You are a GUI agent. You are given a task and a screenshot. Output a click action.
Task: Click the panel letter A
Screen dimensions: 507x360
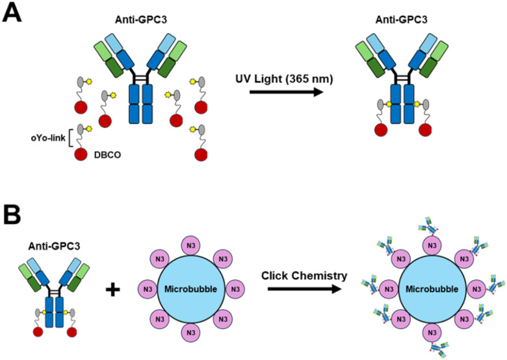point(12,13)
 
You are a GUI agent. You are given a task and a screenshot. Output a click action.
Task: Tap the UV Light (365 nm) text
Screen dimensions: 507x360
point(284,79)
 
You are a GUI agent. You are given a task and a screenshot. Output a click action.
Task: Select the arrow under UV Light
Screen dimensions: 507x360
point(287,92)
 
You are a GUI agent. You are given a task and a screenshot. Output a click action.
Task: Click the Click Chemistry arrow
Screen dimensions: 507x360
point(305,289)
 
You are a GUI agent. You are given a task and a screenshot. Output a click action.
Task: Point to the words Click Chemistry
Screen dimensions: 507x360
point(304,276)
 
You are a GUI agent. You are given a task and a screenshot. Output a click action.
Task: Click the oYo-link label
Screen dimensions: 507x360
point(48,138)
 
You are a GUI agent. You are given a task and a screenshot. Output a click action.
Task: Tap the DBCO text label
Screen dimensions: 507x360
point(108,155)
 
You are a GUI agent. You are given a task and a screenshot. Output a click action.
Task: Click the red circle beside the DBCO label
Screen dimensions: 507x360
point(81,155)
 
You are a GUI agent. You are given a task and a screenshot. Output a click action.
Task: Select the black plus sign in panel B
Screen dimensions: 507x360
point(113,289)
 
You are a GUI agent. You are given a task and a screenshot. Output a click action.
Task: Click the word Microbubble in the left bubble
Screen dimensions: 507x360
point(190,289)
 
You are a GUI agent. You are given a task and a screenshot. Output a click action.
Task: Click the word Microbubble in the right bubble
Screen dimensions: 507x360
point(432,289)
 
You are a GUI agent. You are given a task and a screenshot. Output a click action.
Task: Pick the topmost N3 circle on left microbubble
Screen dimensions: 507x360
point(191,245)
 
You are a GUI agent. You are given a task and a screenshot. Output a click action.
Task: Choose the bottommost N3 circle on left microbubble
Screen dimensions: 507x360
point(191,333)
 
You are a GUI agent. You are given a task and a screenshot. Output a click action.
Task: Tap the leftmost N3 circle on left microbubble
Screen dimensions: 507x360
point(148,289)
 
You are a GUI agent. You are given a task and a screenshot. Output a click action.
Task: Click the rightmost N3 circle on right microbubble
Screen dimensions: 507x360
point(476,289)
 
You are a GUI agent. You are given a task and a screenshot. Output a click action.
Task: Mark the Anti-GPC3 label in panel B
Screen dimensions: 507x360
point(55,246)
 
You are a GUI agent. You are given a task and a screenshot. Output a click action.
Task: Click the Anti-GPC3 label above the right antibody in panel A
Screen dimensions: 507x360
point(401,19)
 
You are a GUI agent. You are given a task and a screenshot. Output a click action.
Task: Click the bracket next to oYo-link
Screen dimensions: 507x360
point(70,138)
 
